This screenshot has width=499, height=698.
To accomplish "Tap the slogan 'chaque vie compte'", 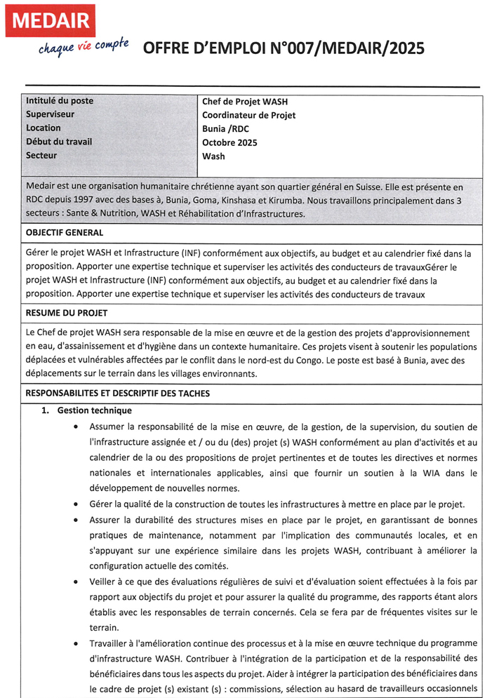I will (83, 47).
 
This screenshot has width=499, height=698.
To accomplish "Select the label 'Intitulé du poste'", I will (59, 101).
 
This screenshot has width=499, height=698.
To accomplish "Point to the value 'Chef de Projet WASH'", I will (244, 102).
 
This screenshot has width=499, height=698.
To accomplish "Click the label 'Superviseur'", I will (50, 114).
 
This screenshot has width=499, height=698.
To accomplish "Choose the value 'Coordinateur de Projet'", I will (248, 115).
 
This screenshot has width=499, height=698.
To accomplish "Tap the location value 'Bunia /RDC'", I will (225, 129).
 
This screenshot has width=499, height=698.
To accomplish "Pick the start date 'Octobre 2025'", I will (229, 142).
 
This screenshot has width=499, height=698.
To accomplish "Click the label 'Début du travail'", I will (58, 142).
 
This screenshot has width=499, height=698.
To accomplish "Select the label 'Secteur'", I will (41, 155).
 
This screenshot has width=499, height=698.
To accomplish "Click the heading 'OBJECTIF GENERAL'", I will (64, 232).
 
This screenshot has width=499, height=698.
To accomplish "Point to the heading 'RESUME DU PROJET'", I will (66, 313).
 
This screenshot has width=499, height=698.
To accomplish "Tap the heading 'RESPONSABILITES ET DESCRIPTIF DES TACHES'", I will (117, 394).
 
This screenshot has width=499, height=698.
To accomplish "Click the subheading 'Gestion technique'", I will (94, 410).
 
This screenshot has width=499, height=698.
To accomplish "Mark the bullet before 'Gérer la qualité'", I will (76, 504).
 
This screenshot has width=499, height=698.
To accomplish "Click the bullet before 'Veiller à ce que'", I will (76, 582).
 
